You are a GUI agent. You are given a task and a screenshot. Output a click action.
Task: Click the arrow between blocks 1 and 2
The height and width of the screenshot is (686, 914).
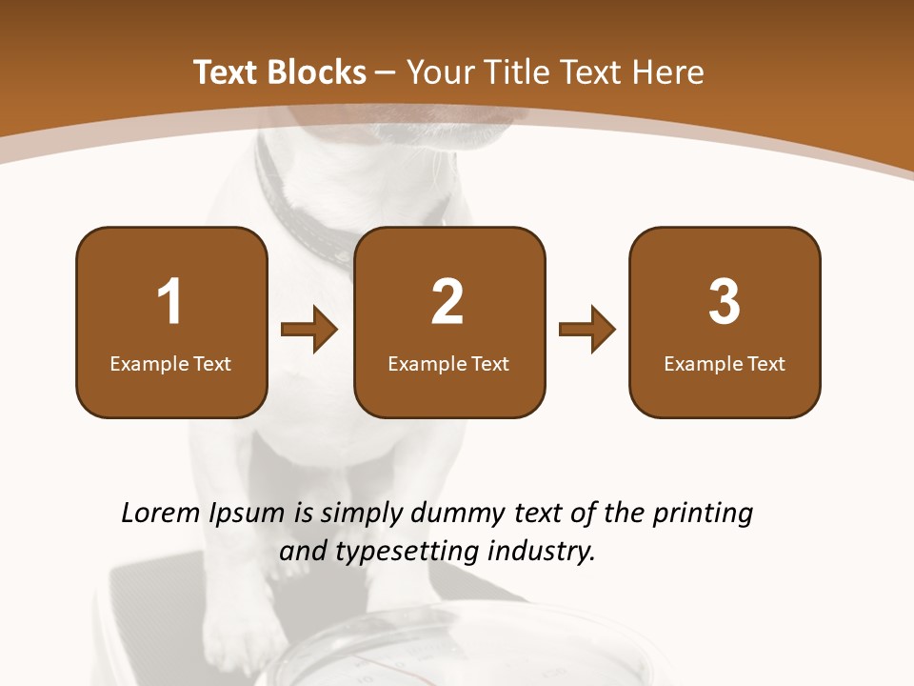coord(310,330)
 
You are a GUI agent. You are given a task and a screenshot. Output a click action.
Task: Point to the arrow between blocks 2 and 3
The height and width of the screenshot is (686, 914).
coord(587,330)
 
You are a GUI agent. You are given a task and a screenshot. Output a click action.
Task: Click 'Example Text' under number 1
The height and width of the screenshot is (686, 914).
coord(170,364)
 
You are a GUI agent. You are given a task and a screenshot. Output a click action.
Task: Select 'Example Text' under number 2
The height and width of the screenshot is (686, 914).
coord(448,364)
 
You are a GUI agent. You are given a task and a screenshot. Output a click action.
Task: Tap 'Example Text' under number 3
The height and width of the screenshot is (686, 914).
coord(725,364)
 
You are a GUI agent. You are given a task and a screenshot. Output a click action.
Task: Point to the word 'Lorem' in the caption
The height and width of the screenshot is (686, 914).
coord(162,514)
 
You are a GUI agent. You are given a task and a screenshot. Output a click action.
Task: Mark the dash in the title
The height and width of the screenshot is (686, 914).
coord(386,73)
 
